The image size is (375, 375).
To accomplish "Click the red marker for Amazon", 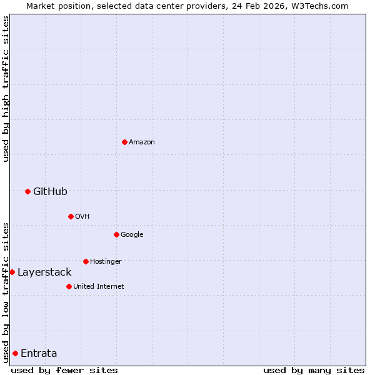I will tap(124, 142).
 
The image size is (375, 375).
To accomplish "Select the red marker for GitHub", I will tap(27, 191).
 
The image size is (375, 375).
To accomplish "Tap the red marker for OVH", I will tap(71, 216).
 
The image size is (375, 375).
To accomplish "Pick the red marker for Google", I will tap(116, 234).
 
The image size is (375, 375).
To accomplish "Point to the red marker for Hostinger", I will tap(86, 261).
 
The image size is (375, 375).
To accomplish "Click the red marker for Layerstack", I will tap(12, 272).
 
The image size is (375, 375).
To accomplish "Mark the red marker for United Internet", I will tap(69, 286).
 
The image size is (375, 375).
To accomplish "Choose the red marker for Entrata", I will tap(15, 353).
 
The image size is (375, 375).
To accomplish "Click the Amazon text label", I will tap(142, 142).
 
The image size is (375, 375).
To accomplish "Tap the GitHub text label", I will tap(50, 191).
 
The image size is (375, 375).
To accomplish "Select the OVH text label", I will tap(82, 216).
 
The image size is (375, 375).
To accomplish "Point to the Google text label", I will tap(132, 234).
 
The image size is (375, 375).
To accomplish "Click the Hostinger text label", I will tap(106, 261).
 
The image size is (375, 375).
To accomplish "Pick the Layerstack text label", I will tap(44, 272).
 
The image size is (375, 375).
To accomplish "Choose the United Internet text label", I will tap(99, 286).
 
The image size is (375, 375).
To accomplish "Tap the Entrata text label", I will tap(39, 353).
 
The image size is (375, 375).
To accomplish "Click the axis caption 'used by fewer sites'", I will tap(64, 370).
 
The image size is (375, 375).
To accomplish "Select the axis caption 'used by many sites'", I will tap(314, 370).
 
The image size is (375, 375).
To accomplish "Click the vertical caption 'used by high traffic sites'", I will tap(6, 89).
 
